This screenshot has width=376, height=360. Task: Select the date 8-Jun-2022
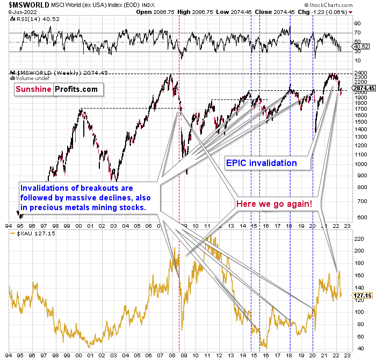click(18, 11)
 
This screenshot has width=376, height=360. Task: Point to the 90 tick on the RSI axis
click(356, 24)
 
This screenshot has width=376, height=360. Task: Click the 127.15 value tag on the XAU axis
click(360, 296)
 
